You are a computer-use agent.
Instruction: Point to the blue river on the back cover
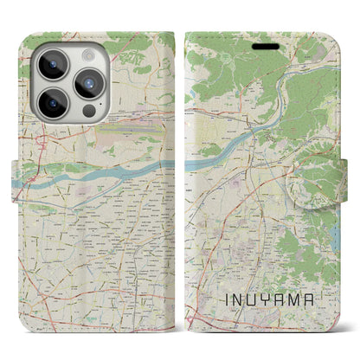pos(104,173)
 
